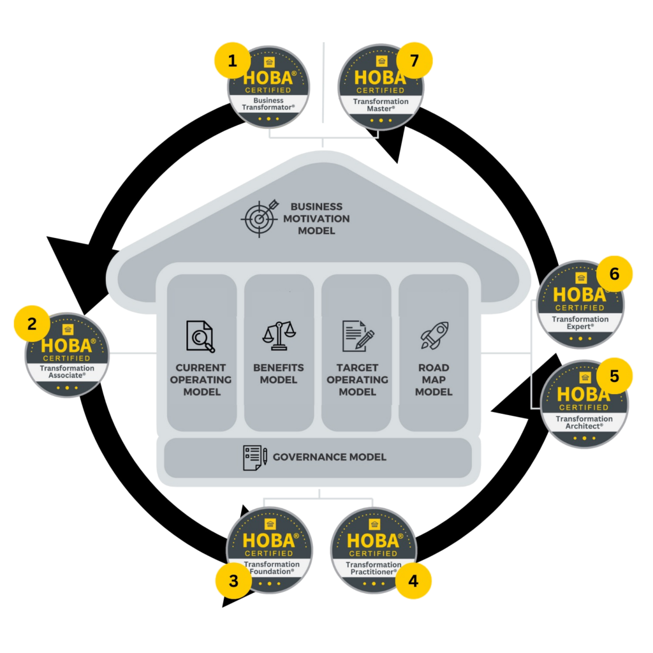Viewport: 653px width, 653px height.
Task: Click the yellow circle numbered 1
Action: click(232, 61)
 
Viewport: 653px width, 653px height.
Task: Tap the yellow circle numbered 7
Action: click(415, 62)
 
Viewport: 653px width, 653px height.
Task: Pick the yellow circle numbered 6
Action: click(615, 274)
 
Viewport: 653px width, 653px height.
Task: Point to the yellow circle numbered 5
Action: click(615, 376)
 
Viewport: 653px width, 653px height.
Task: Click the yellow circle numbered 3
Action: click(233, 581)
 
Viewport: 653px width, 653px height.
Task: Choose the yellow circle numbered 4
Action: click(414, 581)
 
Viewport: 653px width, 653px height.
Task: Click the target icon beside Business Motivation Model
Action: click(259, 218)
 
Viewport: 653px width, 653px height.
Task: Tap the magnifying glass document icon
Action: click(200, 336)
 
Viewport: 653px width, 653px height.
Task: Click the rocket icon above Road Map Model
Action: click(434, 335)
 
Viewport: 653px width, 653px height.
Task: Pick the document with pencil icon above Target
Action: click(357, 336)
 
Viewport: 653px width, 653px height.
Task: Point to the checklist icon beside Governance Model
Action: click(254, 457)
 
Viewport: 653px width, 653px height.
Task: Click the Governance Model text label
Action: click(329, 457)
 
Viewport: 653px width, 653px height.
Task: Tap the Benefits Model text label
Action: click(279, 374)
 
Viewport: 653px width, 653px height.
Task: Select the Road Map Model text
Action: click(434, 379)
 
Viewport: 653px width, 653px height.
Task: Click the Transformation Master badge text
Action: click(381, 105)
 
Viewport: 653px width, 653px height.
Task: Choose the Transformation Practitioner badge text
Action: click(373, 568)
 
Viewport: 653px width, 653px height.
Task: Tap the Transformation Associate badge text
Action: click(67, 372)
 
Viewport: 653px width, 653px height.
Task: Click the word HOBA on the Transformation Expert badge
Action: click(579, 295)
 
